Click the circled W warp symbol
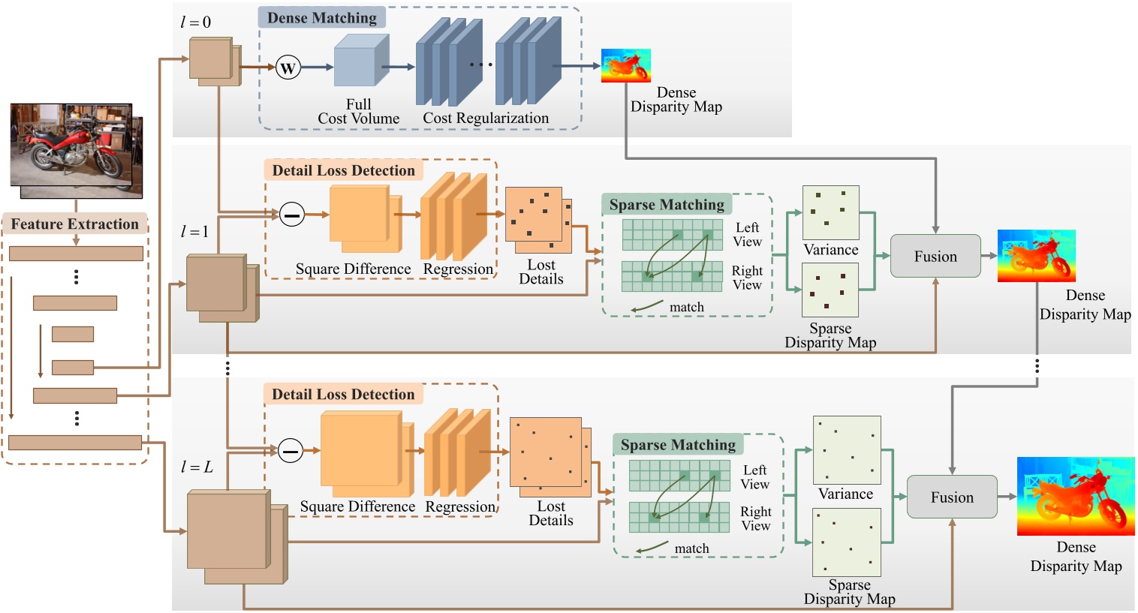click(x=288, y=68)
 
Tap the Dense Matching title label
click(x=322, y=18)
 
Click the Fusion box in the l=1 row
click(x=935, y=257)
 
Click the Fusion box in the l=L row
click(x=952, y=497)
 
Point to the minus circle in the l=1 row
click(x=292, y=215)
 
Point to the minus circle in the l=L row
click(x=291, y=451)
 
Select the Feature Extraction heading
click(x=74, y=224)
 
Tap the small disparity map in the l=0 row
click(x=625, y=66)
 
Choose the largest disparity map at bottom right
click(x=1075, y=496)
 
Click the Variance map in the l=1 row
click(x=830, y=212)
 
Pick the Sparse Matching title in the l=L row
click(x=678, y=445)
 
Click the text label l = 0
click(x=195, y=23)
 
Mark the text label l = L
click(x=197, y=467)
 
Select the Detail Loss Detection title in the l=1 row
click(x=343, y=170)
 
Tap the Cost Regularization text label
click(x=486, y=118)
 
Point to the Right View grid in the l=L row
click(x=679, y=517)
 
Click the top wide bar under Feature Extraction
click(x=76, y=254)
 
